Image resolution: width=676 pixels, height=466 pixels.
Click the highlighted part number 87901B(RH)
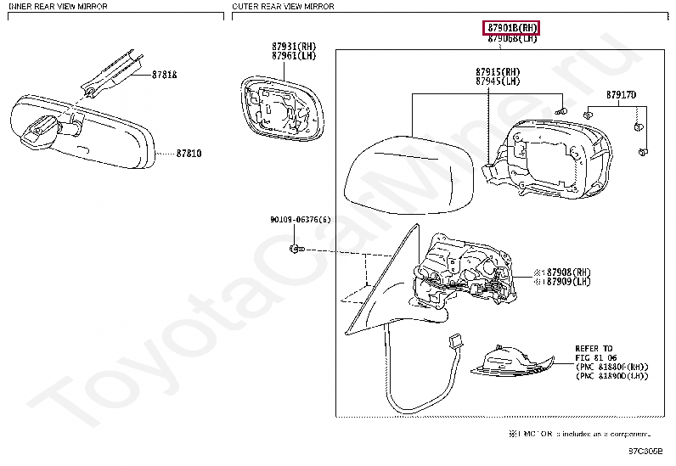tap(512, 28)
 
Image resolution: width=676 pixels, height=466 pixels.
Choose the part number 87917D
tap(621, 94)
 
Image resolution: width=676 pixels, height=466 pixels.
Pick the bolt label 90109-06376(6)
tap(296, 219)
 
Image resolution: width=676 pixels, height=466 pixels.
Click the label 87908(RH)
tap(567, 272)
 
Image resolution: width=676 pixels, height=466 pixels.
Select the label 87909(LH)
tap(567, 281)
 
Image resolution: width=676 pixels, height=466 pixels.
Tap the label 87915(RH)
tap(498, 72)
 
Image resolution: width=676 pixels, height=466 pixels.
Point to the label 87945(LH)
tap(498, 81)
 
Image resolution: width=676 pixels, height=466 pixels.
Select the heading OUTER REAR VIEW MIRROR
tap(283, 6)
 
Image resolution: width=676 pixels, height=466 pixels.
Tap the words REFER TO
tap(594, 348)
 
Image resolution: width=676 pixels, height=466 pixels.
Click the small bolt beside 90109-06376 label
tap(294, 249)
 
